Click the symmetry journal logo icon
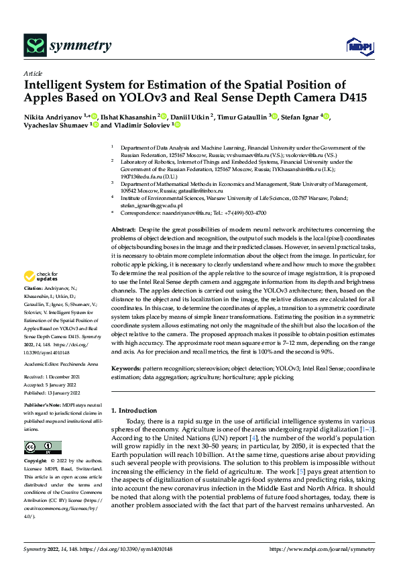(34, 46)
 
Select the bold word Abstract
(123, 230)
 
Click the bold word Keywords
(125, 369)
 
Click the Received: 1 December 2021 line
(56, 378)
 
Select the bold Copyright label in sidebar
(37, 461)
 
